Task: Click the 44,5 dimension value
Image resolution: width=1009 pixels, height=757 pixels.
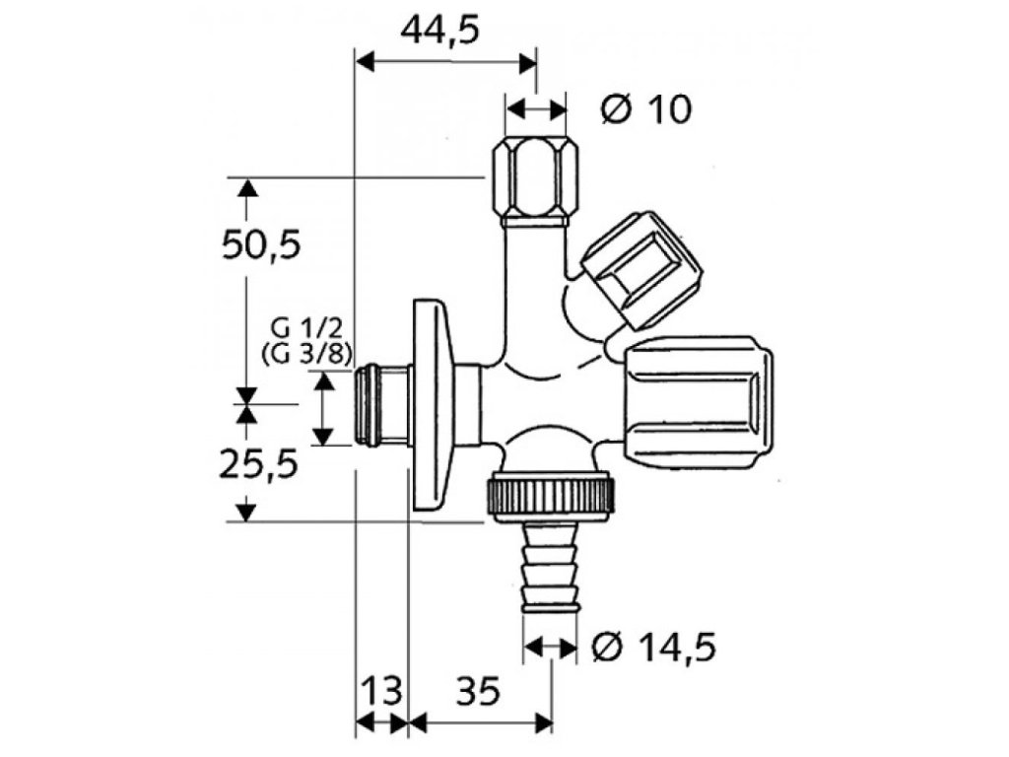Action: click(439, 32)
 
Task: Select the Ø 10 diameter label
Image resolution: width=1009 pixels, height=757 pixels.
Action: click(646, 109)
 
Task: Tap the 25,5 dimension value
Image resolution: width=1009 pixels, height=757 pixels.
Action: click(260, 463)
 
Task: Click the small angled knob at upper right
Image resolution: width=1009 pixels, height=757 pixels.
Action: click(641, 268)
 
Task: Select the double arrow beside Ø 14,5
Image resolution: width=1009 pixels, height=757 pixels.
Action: click(550, 648)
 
